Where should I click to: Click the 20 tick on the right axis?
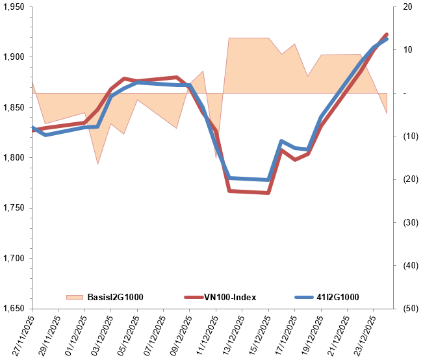pos(407,7)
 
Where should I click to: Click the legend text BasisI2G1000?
pos(115,298)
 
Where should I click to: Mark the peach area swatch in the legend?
pos(75,298)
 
